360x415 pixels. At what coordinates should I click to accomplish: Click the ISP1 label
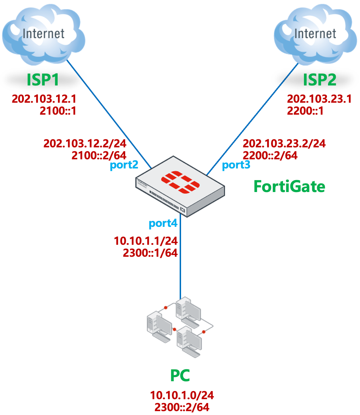coord(43,79)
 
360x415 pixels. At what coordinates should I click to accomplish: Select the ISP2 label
coord(320,79)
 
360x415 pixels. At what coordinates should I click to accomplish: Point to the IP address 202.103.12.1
coord(44,99)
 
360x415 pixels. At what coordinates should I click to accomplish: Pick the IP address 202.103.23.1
coord(320,99)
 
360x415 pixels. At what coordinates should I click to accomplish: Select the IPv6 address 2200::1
coord(305,111)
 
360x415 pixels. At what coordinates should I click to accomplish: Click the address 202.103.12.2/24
coord(85,143)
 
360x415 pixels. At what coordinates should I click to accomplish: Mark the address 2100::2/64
coord(99,155)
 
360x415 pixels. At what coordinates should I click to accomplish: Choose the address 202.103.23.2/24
coord(284,143)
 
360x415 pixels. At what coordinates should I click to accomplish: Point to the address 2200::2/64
coord(270,155)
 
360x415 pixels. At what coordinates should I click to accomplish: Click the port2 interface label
coord(124,166)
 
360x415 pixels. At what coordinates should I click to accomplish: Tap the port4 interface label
coord(163,223)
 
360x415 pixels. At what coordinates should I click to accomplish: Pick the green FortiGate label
coord(289,186)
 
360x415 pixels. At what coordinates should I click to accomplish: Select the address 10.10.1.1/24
coord(146,241)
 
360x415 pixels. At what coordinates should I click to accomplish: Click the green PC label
coord(180,375)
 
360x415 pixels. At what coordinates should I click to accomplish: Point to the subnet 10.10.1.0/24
coord(182,395)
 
